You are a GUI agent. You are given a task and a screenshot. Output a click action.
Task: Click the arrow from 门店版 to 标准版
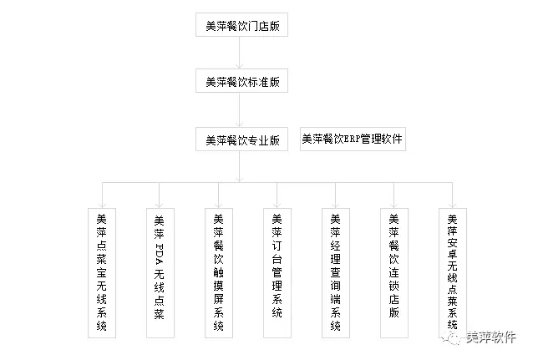239,53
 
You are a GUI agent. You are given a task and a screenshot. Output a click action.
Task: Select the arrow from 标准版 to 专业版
239,109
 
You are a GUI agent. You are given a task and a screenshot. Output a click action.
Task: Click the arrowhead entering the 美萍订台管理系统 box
277,205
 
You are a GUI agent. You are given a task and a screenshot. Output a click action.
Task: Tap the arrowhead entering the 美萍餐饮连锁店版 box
394,205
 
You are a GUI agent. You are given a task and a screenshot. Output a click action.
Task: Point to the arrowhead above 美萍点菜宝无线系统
102,205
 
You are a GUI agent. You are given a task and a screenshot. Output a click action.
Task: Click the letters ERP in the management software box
352,139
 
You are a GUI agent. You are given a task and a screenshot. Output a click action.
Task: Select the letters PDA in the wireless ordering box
160,254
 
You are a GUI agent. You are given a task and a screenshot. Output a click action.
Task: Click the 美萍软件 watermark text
491,337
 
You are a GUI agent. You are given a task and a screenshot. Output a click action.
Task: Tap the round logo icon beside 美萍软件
451,338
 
